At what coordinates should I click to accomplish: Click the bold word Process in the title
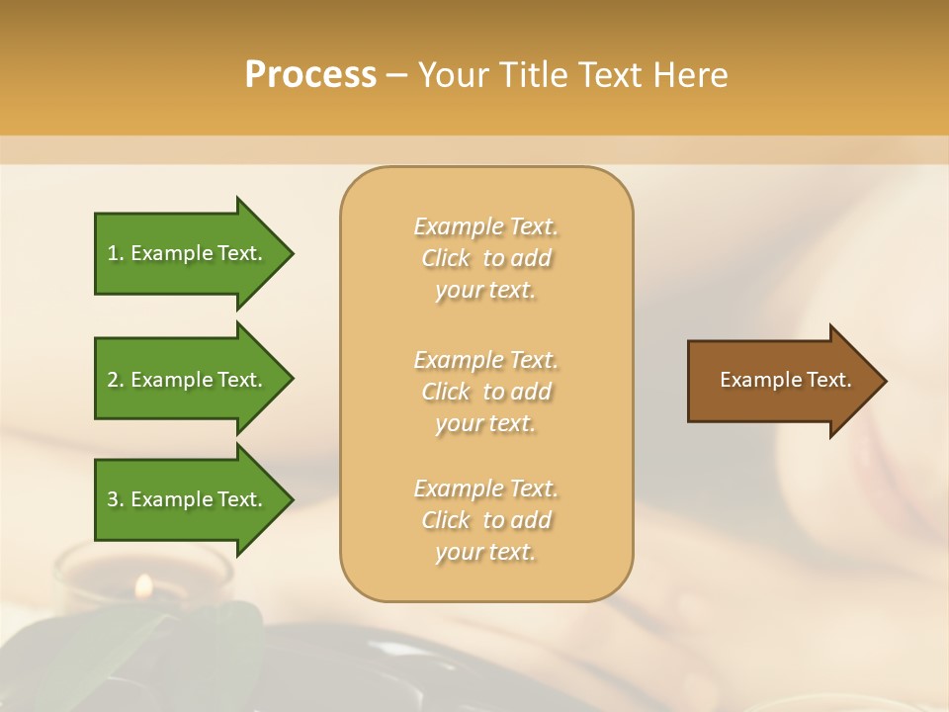(x=310, y=75)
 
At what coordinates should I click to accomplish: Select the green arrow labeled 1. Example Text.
(x=188, y=253)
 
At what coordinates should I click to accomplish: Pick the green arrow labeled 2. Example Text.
(x=188, y=380)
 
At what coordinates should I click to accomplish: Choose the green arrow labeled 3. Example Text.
(x=188, y=499)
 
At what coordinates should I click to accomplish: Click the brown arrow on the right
(x=781, y=381)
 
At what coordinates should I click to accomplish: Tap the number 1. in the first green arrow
(x=116, y=253)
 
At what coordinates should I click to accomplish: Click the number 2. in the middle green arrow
(x=116, y=380)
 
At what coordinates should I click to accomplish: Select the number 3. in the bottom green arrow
(x=116, y=499)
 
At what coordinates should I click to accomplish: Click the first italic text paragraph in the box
(x=485, y=258)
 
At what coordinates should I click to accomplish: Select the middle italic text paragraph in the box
(x=485, y=391)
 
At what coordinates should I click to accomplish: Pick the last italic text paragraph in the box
(x=485, y=520)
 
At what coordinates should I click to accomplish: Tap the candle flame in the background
(x=143, y=585)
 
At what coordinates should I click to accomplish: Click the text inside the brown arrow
(x=785, y=380)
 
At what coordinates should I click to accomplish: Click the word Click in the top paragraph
(x=446, y=258)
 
